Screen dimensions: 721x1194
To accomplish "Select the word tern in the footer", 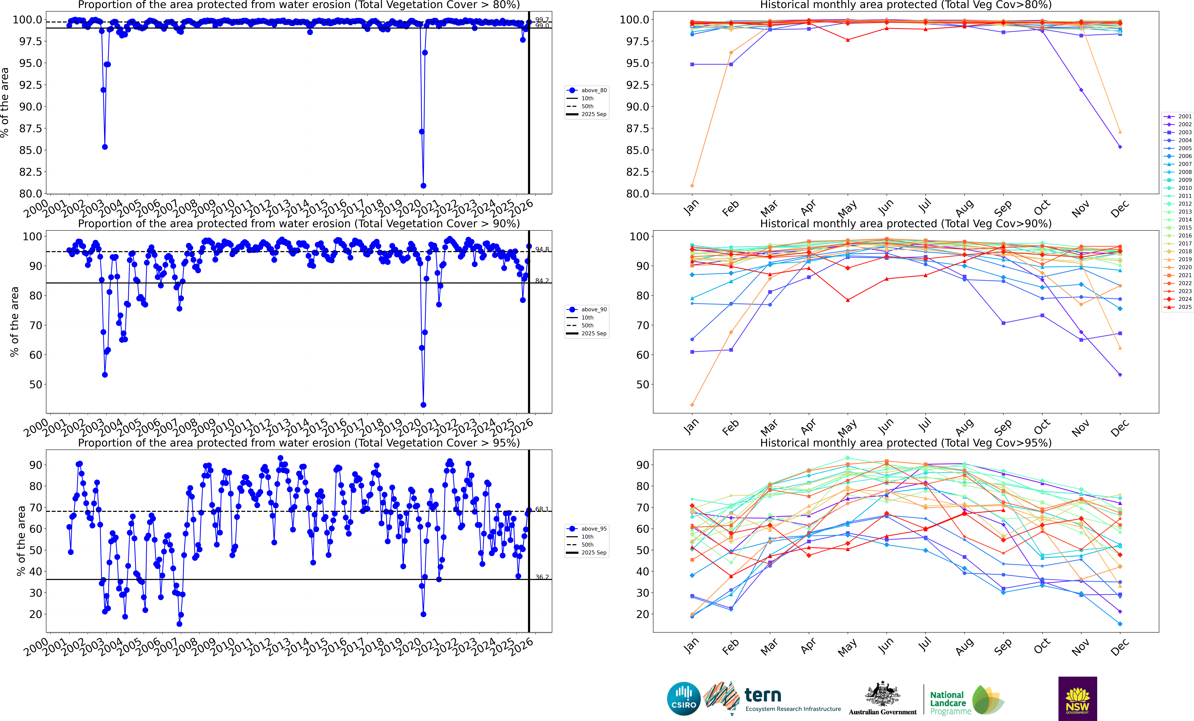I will [x=763, y=695].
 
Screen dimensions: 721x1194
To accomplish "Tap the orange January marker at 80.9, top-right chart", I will [x=692, y=186].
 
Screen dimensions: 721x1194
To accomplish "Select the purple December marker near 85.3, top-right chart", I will [x=1120, y=147].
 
